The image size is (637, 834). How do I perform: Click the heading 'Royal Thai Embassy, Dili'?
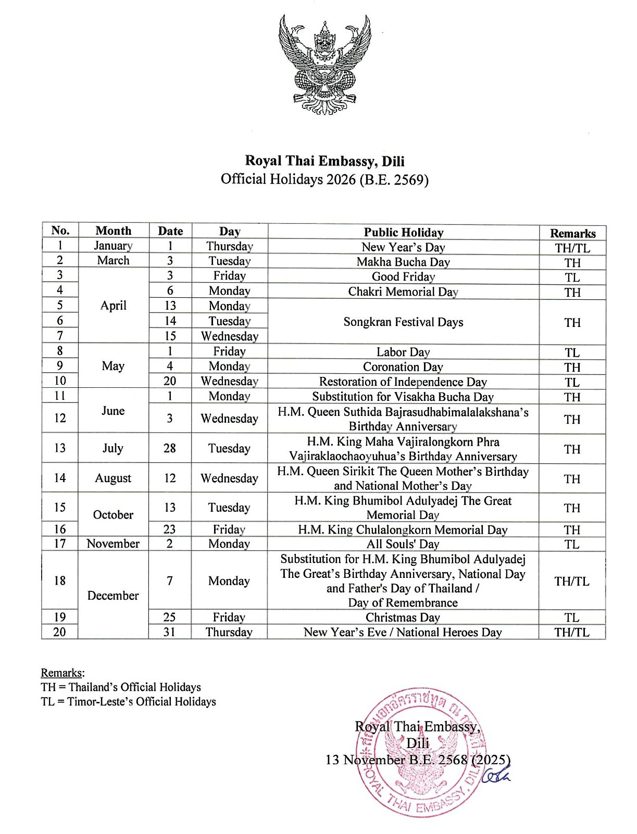[325, 161]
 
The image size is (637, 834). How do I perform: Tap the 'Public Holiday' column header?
[403, 232]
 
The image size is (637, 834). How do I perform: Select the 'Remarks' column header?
[572, 233]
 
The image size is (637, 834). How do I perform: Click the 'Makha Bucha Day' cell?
[403, 262]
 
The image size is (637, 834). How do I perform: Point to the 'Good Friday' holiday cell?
[403, 276]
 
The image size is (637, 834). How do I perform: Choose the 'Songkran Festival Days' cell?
[403, 322]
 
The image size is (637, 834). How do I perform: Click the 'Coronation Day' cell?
[403, 367]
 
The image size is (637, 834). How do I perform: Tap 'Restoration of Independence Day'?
[403, 382]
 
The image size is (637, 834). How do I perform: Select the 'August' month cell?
[113, 478]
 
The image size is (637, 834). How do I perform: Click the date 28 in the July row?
[170, 448]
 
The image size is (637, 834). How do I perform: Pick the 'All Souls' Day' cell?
[403, 544]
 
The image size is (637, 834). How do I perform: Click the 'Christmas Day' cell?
[403, 617]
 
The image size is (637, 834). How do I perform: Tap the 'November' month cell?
[113, 544]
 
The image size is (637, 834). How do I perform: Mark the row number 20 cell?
[60, 632]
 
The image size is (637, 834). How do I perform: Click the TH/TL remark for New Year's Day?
[572, 248]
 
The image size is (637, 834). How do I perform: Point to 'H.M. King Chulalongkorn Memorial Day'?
[403, 529]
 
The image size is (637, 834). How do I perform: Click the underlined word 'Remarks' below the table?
[62, 673]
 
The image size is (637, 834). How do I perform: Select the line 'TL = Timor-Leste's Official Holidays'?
[128, 702]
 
